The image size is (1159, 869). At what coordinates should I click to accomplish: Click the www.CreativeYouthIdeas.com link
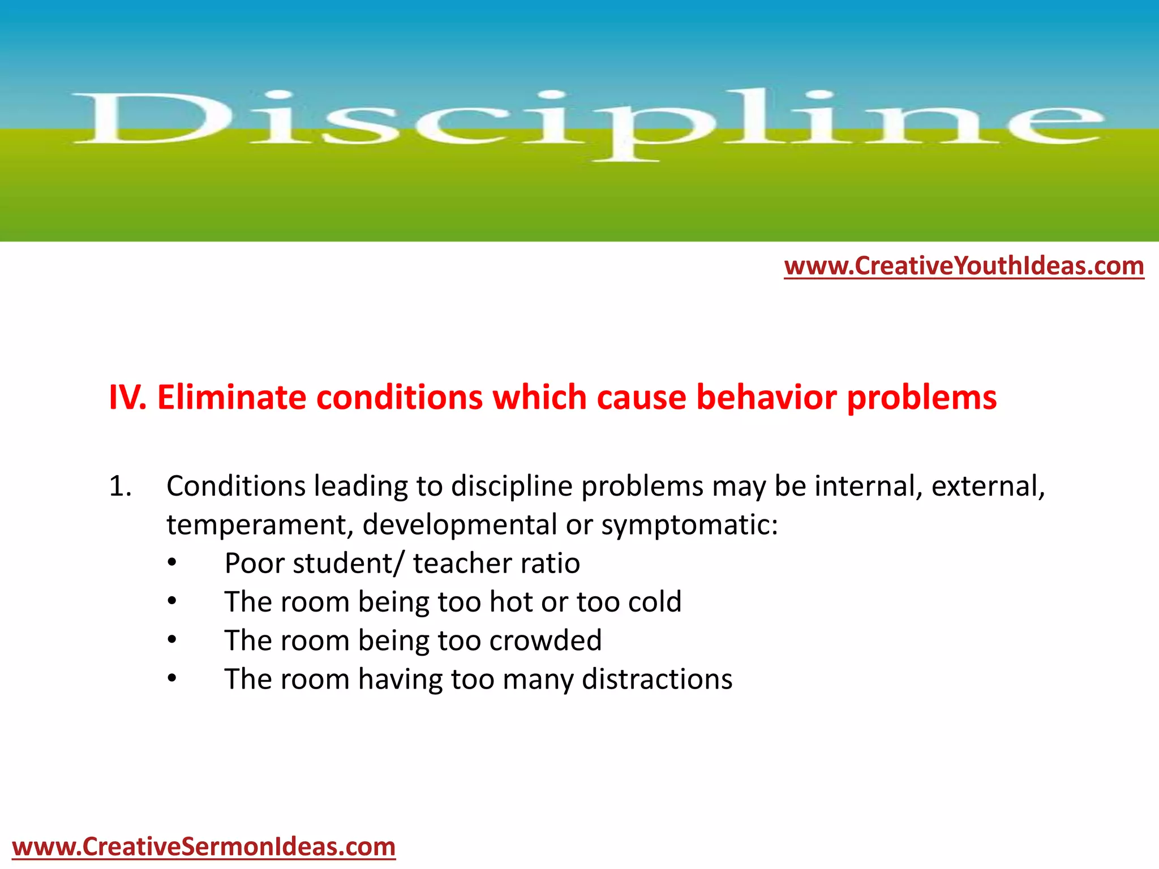pos(964,266)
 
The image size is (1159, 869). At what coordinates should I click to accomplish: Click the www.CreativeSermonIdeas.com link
pos(204,847)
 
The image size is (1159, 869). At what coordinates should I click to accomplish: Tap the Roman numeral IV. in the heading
pos(127,397)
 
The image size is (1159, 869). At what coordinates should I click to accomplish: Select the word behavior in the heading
pos(766,397)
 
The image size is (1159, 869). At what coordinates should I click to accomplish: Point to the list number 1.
pos(120,487)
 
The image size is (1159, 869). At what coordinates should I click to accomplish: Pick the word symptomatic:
pos(689,525)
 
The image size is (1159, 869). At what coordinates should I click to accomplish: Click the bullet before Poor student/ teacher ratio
pos(172,563)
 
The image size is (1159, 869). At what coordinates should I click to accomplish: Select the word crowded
pos(545,640)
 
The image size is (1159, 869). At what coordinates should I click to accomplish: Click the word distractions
pos(656,679)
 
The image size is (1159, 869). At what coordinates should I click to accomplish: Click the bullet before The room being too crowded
pos(172,640)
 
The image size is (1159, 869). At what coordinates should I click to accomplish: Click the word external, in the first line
pos(988,487)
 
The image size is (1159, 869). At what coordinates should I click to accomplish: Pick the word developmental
pos(460,525)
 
